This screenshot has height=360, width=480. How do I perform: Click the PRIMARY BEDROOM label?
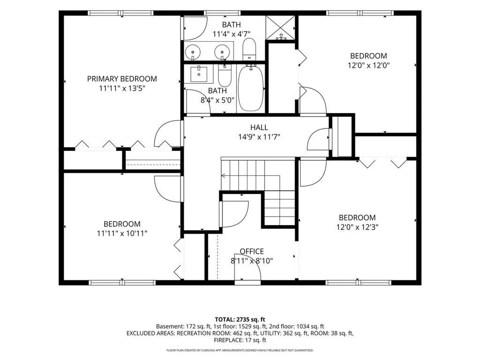pos(122,79)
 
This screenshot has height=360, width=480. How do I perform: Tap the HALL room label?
pos(259,127)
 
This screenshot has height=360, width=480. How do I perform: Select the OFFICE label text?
pos(252,251)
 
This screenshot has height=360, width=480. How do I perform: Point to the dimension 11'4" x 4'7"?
pos(232,34)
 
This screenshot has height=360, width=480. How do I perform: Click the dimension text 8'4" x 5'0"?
pos(217,100)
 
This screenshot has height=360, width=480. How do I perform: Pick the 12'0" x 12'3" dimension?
pos(357,227)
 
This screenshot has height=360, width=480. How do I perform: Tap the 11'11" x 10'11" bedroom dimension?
pos(122,233)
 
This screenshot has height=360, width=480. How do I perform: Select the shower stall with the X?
pos(280,28)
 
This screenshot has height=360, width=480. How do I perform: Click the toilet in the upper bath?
pos(249,50)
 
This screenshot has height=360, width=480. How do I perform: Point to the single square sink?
pos(199,74)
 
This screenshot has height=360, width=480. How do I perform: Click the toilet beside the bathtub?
pos(225,75)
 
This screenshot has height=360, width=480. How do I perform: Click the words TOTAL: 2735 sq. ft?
pos(240,320)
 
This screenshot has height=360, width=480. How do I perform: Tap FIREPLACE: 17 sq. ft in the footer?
pos(240,340)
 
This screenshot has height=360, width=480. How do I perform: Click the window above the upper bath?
pos(222,13)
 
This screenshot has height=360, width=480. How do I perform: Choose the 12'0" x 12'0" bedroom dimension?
pos(368,65)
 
